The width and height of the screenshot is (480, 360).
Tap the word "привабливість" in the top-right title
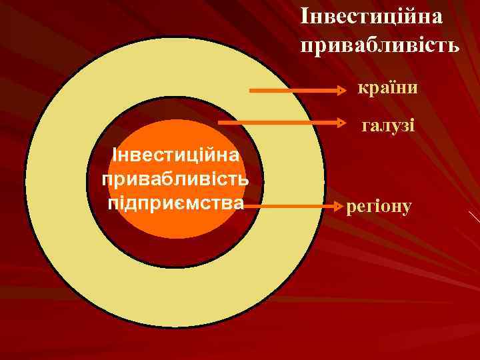379,46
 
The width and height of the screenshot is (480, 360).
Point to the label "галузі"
387,124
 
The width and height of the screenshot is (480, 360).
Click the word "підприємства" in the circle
175,201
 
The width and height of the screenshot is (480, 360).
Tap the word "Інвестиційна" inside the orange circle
177,156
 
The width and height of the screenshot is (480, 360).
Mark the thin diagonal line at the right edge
474,216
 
